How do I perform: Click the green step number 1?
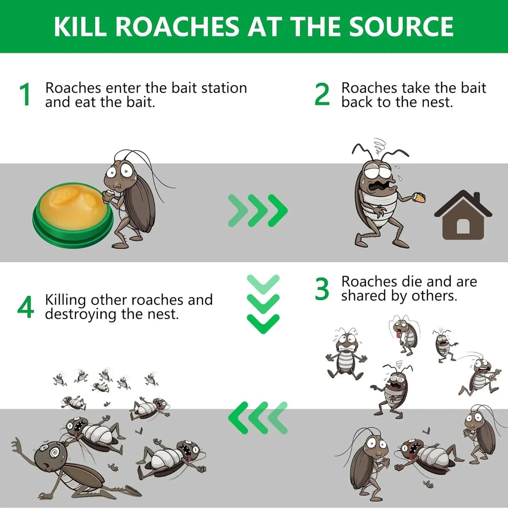[25, 95]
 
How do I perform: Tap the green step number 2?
[322, 95]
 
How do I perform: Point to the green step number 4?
[25, 308]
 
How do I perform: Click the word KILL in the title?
[81, 26]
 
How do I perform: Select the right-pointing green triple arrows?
[258, 211]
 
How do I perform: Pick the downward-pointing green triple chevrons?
[263, 303]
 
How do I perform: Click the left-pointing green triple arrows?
[258, 417]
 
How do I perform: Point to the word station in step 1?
[222, 88]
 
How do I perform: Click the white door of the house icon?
[463, 227]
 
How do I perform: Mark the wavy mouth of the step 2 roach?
[382, 185]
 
